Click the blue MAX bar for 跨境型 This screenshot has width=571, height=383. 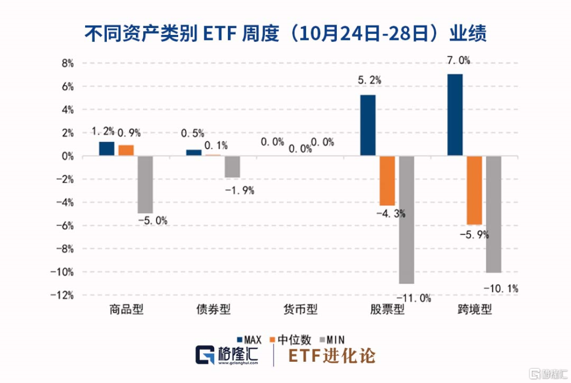tap(455, 115)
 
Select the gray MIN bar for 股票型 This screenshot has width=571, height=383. tap(406, 220)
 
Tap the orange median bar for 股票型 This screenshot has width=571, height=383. tap(387, 181)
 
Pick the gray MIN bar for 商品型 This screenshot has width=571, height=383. tap(145, 185)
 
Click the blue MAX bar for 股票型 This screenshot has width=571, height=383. tap(368, 125)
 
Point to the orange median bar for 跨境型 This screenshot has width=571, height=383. tap(474, 190)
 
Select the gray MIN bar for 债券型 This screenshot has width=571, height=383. tap(232, 166)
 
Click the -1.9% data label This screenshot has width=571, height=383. tap(240, 190)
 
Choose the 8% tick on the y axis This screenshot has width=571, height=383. tap(68, 63)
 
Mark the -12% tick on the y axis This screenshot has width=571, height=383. tap(64, 295)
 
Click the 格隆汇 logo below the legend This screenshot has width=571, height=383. tap(228, 355)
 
